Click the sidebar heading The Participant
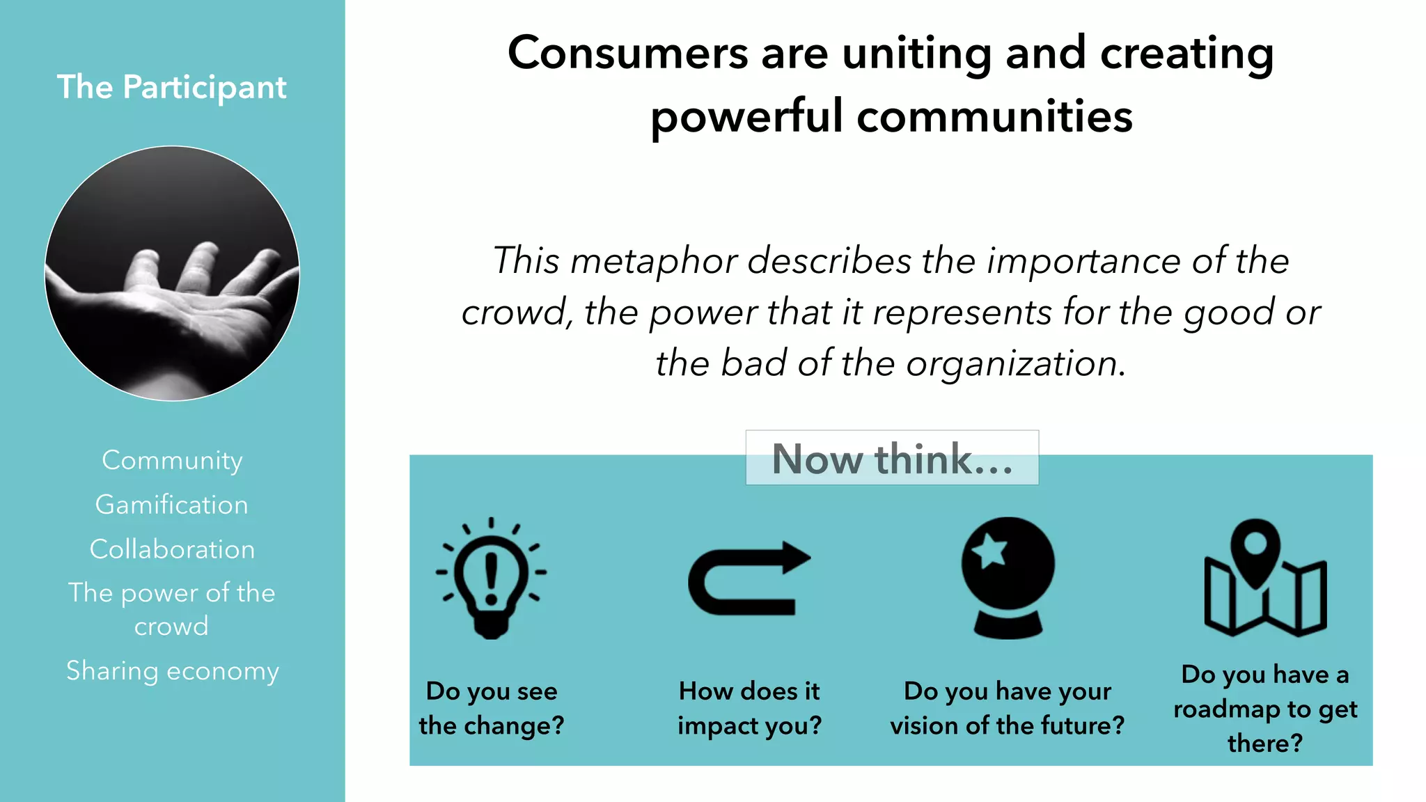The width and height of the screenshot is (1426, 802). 171,87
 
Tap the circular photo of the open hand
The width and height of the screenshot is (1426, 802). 172,273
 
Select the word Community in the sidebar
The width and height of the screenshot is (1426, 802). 172,460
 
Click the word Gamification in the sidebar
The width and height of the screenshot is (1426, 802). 172,505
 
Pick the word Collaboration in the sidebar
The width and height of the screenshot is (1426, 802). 172,549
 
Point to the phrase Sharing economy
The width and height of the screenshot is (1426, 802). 172,671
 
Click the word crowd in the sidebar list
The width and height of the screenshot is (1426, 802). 171,627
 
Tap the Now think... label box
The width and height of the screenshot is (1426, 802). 892,458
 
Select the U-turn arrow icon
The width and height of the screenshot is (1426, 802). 749,578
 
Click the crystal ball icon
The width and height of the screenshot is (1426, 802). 1008,578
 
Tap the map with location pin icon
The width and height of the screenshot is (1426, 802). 1265,578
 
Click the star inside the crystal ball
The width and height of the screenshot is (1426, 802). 989,551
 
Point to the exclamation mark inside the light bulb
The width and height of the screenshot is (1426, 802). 492,578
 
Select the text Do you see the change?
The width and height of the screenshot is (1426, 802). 492,708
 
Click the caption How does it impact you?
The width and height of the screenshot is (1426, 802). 749,708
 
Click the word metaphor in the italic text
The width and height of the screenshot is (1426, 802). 654,261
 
